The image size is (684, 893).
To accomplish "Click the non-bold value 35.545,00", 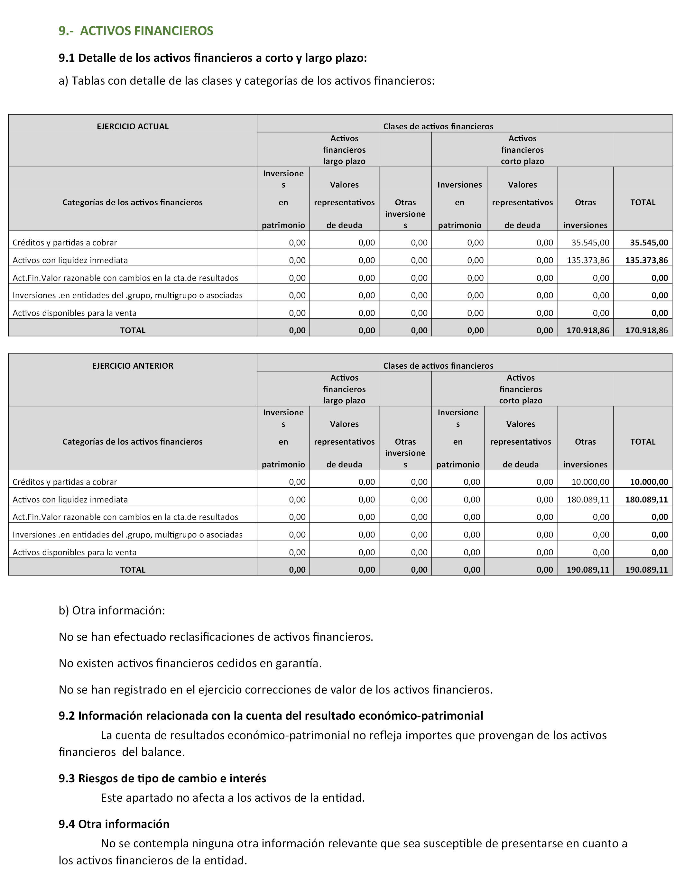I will [590, 243].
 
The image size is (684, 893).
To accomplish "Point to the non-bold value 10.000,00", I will [590, 482].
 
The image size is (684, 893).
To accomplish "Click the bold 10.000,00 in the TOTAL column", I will [649, 482].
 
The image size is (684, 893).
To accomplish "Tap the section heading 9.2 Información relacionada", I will [271, 715].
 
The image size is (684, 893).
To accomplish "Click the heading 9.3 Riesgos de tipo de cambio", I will [162, 778].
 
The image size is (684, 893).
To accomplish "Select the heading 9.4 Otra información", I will [114, 824].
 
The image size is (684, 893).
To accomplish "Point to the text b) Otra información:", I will [112, 611].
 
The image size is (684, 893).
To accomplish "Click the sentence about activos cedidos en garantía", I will [190, 663].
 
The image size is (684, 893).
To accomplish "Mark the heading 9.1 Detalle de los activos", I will [213, 58].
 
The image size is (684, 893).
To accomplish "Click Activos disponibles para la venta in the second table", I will [75, 552].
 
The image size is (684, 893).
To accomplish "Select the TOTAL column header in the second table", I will [642, 442].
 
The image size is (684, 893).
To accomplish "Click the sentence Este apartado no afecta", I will [233, 798].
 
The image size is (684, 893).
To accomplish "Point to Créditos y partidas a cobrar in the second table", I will [65, 482].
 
